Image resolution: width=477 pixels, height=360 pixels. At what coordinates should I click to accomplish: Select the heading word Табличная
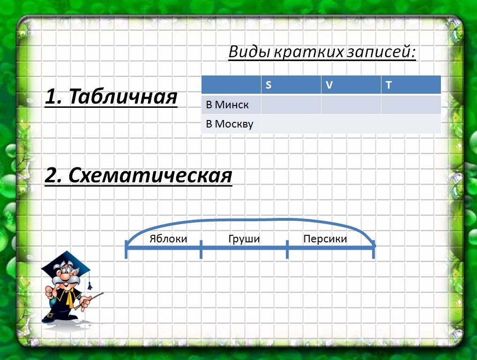tap(123, 97)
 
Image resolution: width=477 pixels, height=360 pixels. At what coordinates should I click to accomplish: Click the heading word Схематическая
tap(150, 175)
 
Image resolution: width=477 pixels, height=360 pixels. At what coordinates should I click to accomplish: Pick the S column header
tap(268, 84)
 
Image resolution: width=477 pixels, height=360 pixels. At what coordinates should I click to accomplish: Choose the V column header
tap(329, 84)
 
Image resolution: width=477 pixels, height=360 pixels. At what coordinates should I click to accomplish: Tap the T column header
tap(388, 84)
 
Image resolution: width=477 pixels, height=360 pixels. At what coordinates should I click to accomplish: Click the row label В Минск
tap(227, 105)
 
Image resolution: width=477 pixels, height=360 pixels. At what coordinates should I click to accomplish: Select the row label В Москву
tap(230, 124)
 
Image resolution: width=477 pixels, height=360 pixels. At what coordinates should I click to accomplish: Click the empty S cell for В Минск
tap(291, 105)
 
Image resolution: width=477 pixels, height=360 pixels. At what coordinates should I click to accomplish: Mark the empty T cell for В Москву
tap(410, 124)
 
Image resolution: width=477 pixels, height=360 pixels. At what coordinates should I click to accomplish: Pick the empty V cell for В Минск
tap(351, 105)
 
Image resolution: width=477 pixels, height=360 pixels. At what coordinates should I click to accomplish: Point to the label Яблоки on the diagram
tap(168, 239)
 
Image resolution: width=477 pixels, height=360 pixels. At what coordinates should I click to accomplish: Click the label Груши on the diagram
tap(244, 239)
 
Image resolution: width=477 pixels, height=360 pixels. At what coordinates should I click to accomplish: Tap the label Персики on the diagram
tap(325, 239)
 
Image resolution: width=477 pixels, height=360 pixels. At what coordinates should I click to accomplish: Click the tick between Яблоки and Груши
tap(201, 249)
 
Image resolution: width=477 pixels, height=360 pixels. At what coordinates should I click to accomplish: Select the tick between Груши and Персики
tap(287, 249)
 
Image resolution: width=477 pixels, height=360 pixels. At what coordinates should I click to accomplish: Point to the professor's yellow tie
tap(70, 298)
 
